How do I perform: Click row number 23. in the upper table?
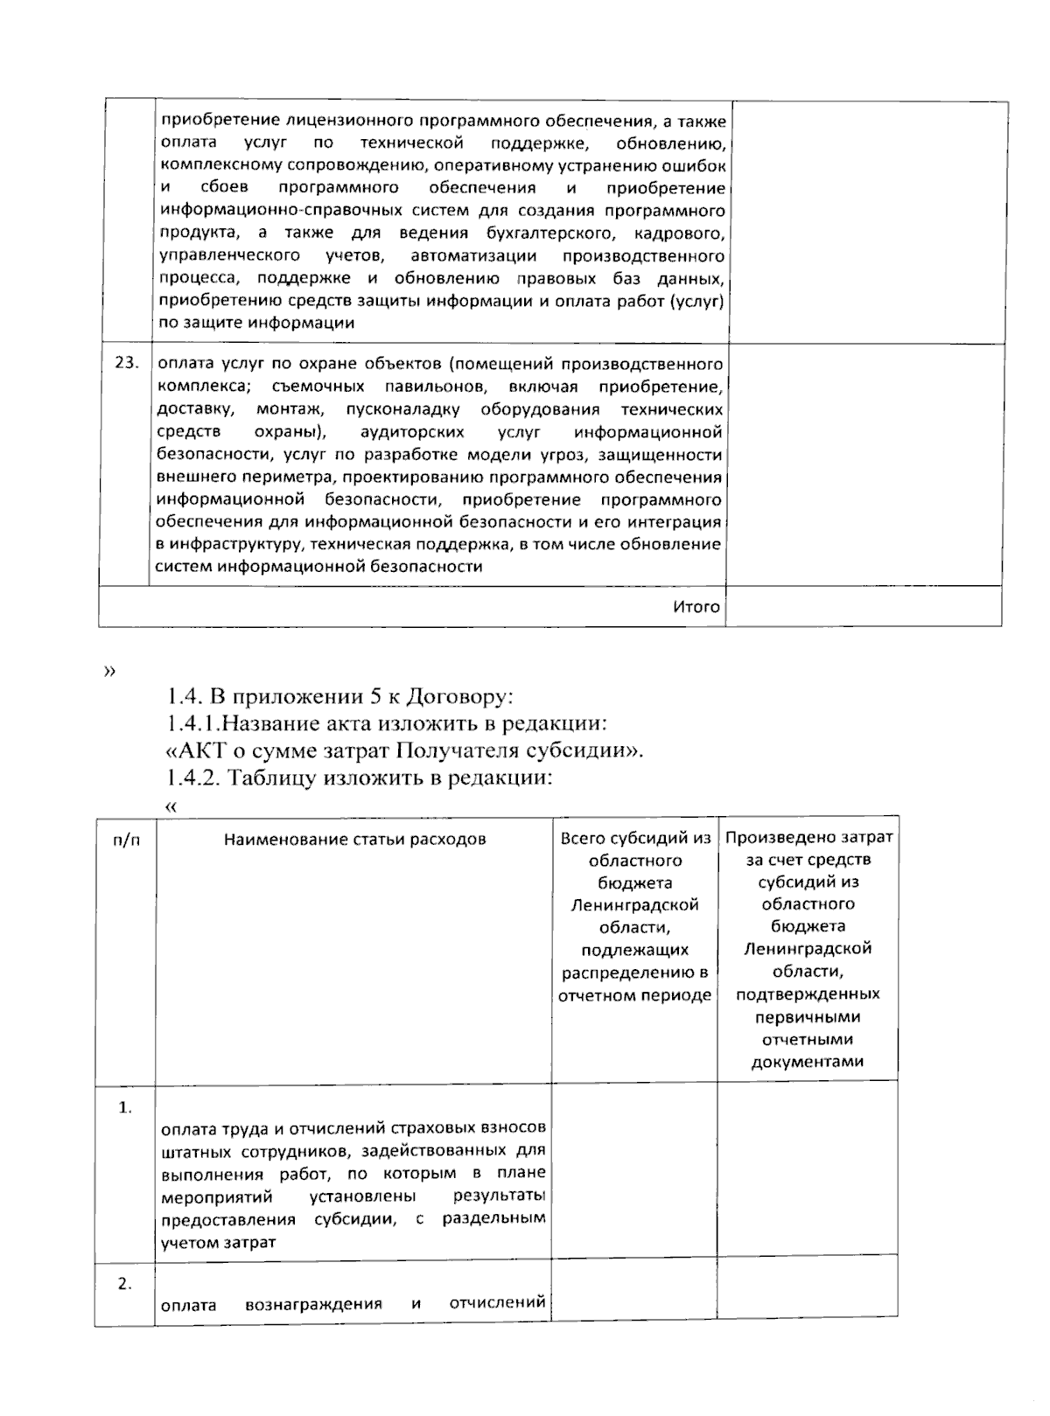pos(127,362)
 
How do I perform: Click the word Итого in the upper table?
pos(696,606)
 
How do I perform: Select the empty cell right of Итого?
pos(863,606)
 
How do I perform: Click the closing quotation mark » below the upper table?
pos(108,672)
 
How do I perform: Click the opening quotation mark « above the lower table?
pos(171,806)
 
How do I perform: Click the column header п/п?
pos(126,839)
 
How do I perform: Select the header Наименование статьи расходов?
pos(354,839)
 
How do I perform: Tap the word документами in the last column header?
pos(807,1062)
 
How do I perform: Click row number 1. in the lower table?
pos(125,1107)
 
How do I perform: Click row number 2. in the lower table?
pos(125,1284)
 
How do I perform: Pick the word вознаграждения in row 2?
pos(313,1304)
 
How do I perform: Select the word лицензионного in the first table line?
pos(349,120)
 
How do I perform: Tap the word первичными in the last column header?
pos(807,1016)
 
